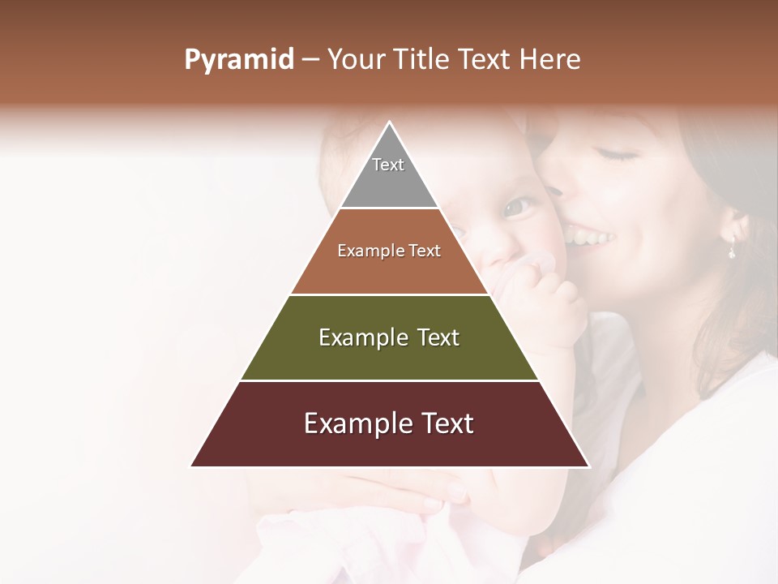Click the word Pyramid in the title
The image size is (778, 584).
pyautogui.click(x=238, y=60)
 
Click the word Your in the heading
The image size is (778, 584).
pyautogui.click(x=356, y=59)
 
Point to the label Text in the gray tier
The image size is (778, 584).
pyautogui.click(x=388, y=165)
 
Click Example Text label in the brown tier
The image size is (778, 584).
pyautogui.click(x=389, y=251)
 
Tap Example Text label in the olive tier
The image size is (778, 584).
pyautogui.click(x=389, y=337)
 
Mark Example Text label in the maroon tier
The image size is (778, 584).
pyautogui.click(x=389, y=423)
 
